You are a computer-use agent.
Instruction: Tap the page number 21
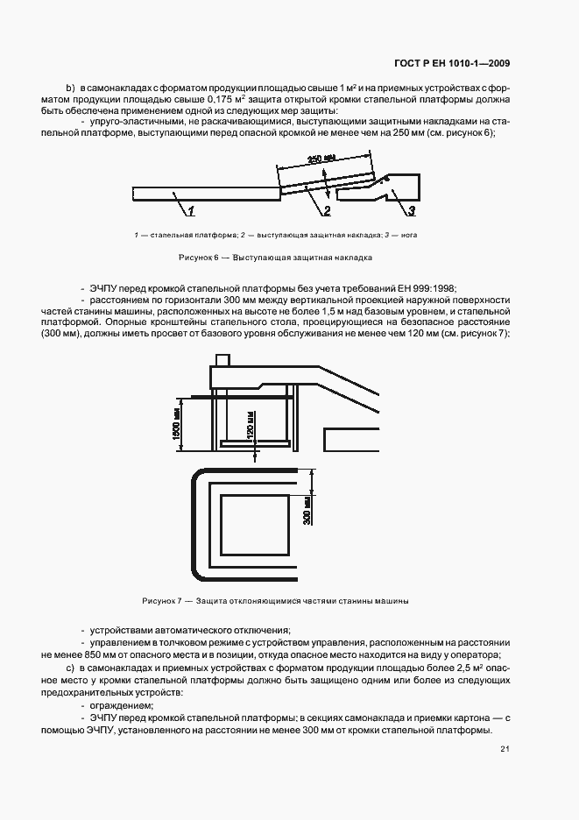pos(505,749)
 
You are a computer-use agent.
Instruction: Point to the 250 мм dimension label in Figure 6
pos(321,159)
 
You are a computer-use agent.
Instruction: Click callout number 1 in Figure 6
pos(191,211)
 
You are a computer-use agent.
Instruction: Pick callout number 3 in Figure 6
pos(410,211)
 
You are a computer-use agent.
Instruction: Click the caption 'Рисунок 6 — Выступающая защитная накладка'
pos(276,258)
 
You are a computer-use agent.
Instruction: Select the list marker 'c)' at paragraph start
pos(71,668)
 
